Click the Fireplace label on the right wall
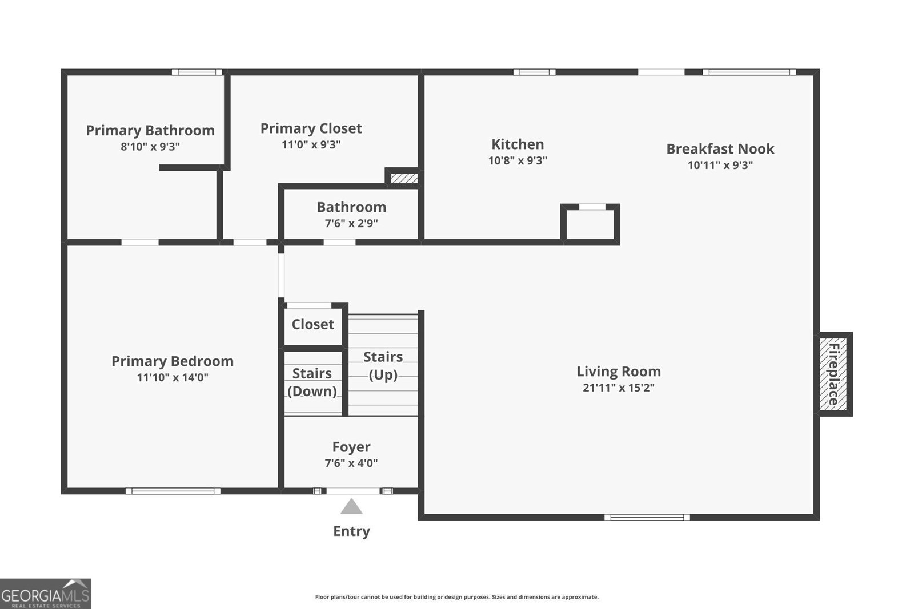(833, 374)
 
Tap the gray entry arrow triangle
(351, 507)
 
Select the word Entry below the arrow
(351, 531)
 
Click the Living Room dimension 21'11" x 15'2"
(618, 388)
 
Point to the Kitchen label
(518, 144)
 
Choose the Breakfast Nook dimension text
(720, 165)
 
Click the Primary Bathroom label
(150, 131)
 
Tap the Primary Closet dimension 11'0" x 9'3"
(311, 144)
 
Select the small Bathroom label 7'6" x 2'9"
(351, 214)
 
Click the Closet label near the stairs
(312, 324)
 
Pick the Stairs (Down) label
(312, 382)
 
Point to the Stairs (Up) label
(383, 365)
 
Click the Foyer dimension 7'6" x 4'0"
(351, 463)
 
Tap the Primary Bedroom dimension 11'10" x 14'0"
(172, 377)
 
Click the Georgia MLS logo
(45, 594)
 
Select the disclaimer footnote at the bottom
(456, 597)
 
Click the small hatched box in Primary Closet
(404, 179)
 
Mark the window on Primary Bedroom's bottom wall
(173, 491)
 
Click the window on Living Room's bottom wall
(647, 517)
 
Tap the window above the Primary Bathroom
(197, 72)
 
